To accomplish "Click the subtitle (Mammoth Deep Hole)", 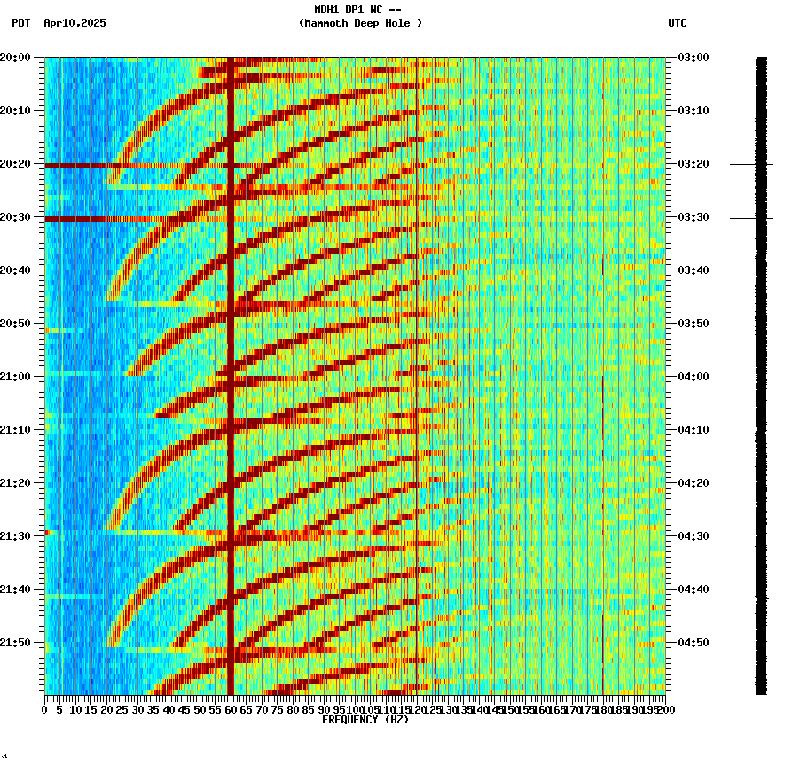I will point(360,23).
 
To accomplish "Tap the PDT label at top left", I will point(20,23).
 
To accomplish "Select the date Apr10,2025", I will point(75,23).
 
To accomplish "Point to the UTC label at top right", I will point(677,23).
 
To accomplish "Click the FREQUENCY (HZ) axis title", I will point(365,720).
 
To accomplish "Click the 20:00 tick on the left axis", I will point(15,58).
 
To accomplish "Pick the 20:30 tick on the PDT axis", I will point(15,217).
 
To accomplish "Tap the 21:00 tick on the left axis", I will point(15,377).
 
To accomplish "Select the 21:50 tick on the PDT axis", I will point(15,643).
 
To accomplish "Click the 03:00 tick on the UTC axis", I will point(692,58).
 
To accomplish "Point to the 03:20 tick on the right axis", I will point(692,164).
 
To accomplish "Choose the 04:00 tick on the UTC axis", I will point(692,377).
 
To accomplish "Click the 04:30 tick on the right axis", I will point(692,536).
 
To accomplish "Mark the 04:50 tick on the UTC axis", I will point(692,643).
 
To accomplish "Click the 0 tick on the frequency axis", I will point(45,710).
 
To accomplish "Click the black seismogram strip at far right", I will point(761,372).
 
